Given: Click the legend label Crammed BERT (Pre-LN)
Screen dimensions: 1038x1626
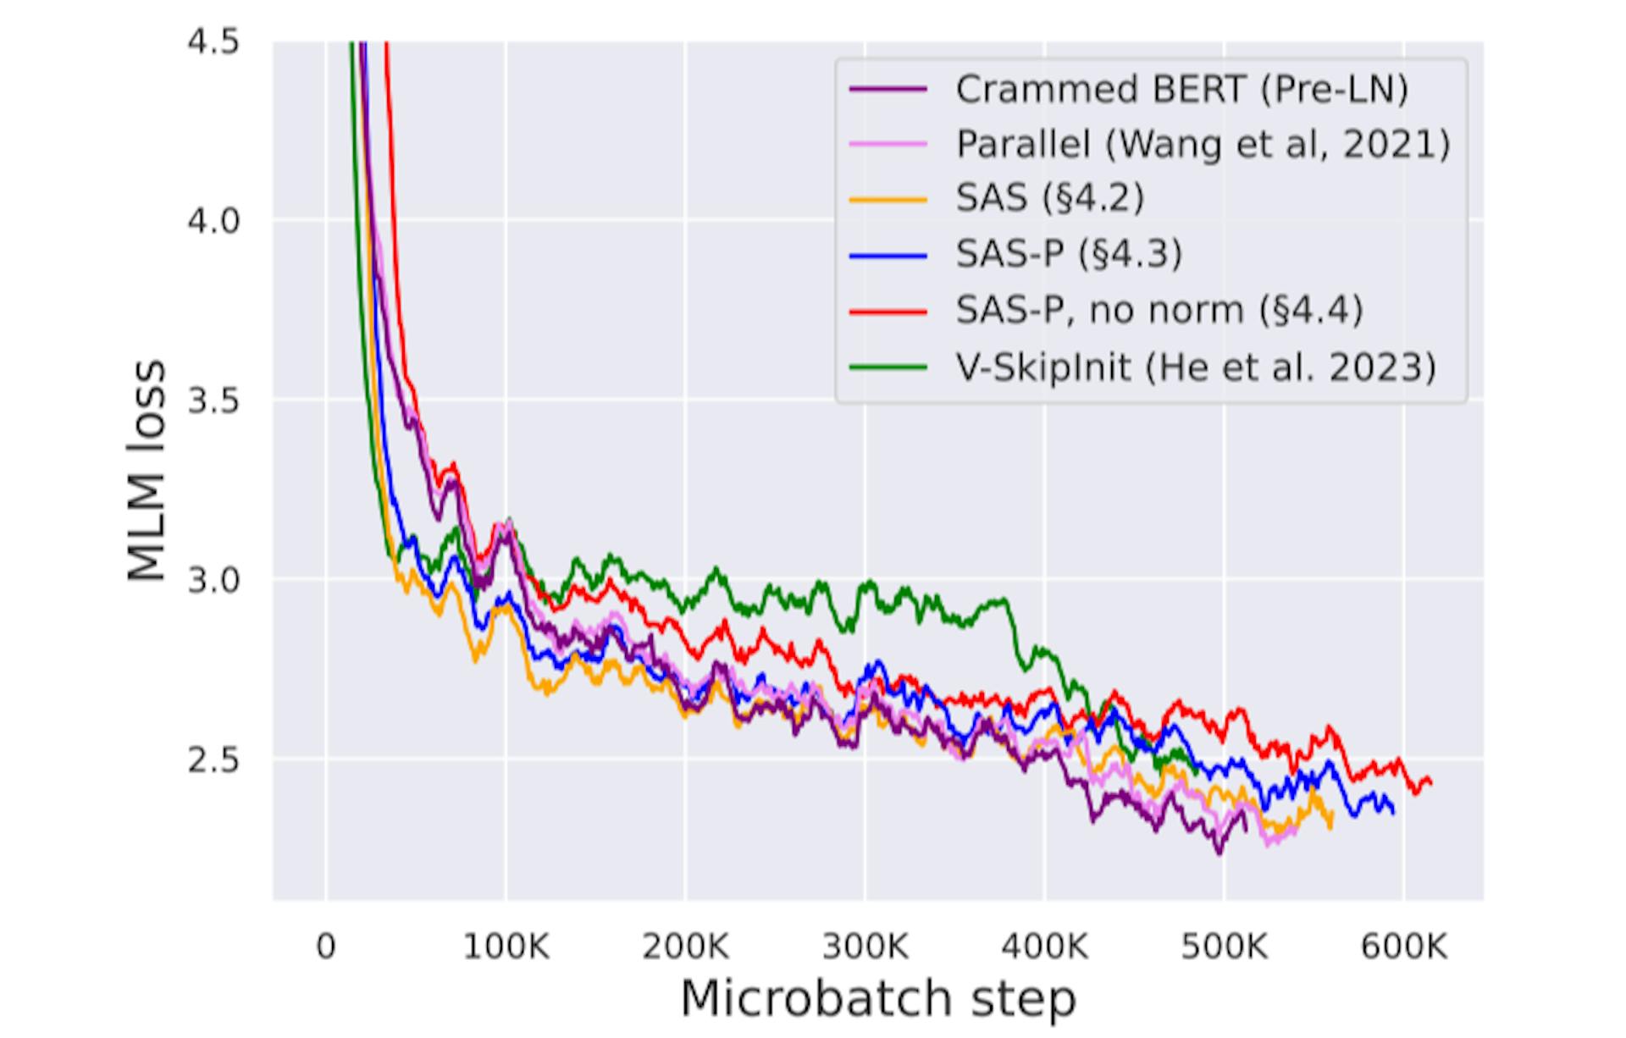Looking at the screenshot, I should click(1181, 89).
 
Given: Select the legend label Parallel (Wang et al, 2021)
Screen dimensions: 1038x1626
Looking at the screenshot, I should click(1203, 144).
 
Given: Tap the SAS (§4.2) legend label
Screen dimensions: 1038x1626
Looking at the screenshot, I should click(1050, 198).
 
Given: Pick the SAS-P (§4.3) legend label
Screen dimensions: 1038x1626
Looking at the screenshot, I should click(1069, 253).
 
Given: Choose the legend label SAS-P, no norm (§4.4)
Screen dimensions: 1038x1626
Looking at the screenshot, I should click(1159, 310).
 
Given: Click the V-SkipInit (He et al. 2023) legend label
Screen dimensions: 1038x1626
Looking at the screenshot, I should click(1196, 367).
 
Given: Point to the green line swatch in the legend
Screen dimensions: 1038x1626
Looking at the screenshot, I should click(888, 367).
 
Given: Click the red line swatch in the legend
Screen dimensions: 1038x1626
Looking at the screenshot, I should click(888, 311).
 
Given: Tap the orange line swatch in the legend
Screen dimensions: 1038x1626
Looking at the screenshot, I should click(888, 199).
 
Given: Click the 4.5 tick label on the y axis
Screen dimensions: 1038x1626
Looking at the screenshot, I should click(213, 41).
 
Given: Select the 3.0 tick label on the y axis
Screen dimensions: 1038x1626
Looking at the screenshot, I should click(213, 580).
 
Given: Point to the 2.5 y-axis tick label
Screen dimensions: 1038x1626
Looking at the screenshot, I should click(213, 759).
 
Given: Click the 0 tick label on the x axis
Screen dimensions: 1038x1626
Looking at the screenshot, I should click(326, 946).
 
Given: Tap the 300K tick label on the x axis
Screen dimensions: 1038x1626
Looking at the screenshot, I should click(865, 946).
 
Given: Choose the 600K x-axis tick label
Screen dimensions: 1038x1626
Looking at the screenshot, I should click(1403, 946).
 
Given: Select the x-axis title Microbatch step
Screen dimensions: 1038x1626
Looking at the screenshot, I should click(878, 998).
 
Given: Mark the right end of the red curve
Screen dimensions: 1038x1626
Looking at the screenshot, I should click(1430, 783).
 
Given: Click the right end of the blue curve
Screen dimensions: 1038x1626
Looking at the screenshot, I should click(1393, 813).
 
